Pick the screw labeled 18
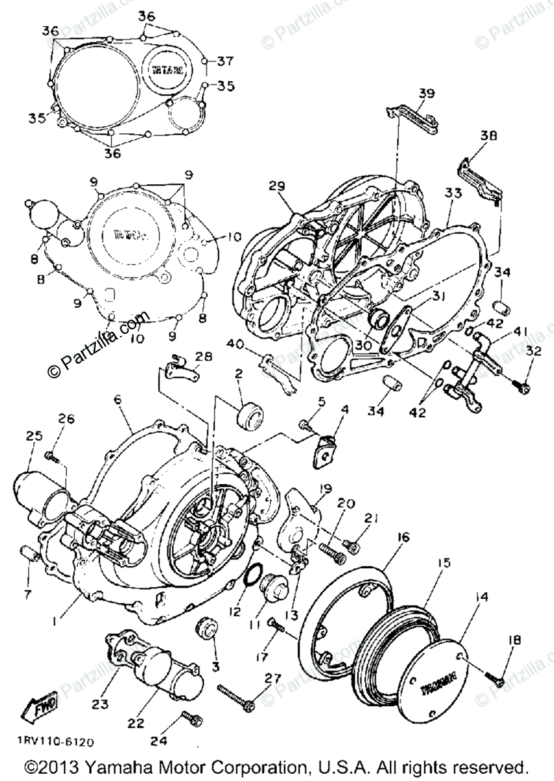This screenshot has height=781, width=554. (x=494, y=677)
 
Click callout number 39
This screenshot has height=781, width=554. (x=426, y=94)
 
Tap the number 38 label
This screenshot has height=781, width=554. (x=488, y=136)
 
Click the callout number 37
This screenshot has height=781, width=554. (x=225, y=62)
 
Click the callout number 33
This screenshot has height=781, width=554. (x=453, y=193)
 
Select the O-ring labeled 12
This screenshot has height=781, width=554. (x=250, y=575)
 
